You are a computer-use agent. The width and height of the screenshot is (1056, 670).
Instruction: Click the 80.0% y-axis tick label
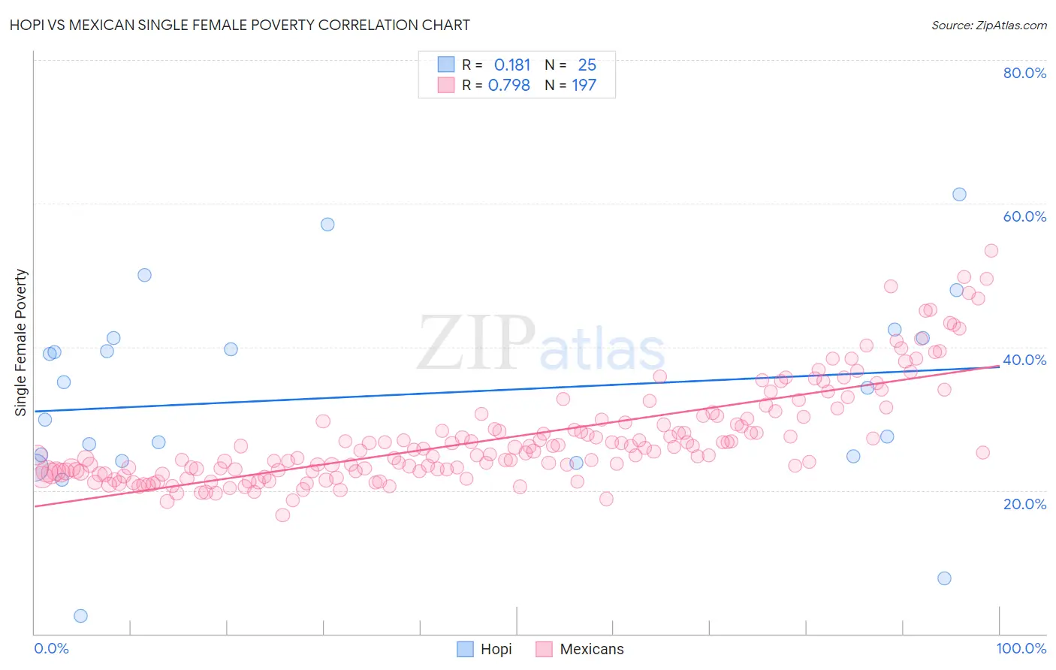(1024, 73)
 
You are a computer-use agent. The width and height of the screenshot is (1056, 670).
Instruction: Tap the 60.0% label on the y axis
(1024, 216)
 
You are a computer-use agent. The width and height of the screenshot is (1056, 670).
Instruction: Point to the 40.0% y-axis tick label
(1024, 360)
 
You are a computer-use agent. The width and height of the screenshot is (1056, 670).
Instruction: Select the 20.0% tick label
(1024, 503)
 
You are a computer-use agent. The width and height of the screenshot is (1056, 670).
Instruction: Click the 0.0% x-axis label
(51, 648)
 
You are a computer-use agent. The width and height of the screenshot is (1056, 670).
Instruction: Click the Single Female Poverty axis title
(21, 343)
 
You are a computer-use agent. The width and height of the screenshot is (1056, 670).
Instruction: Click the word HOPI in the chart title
(28, 25)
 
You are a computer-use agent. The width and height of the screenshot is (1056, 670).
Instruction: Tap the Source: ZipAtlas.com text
(988, 25)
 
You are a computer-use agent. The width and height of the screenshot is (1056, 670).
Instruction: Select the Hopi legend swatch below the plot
(466, 649)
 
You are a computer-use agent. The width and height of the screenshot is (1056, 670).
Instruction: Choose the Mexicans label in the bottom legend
(592, 649)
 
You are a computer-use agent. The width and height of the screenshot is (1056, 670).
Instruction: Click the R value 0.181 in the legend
(512, 65)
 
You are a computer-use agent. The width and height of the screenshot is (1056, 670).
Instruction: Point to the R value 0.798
(509, 86)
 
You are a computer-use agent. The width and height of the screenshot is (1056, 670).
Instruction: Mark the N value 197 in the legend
(584, 86)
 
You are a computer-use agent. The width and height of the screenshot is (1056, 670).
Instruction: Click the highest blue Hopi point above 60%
(959, 195)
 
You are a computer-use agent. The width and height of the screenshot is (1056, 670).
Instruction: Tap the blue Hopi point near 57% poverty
(327, 225)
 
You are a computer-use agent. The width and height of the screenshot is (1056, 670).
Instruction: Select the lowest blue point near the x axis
(80, 616)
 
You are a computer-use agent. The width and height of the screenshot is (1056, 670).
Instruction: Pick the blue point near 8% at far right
(944, 578)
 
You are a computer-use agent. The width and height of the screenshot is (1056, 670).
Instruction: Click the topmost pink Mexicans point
(991, 251)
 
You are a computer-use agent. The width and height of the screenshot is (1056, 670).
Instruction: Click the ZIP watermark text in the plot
(476, 343)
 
